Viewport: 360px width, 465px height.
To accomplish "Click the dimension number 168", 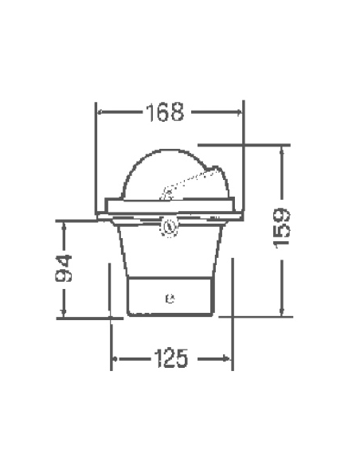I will (166, 112).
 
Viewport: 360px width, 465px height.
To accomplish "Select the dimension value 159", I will (280, 228).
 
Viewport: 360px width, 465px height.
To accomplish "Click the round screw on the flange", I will (169, 226).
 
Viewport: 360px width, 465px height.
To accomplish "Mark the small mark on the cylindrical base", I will (169, 300).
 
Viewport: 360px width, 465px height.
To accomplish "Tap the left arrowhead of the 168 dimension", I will (100, 112).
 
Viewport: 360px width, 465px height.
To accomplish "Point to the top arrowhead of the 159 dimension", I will (281, 150).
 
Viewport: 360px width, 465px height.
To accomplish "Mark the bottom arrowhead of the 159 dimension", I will (281, 313).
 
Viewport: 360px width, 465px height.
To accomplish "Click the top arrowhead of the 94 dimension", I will (64, 225).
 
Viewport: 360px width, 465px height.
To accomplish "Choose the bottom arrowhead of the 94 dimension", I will (64, 314).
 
